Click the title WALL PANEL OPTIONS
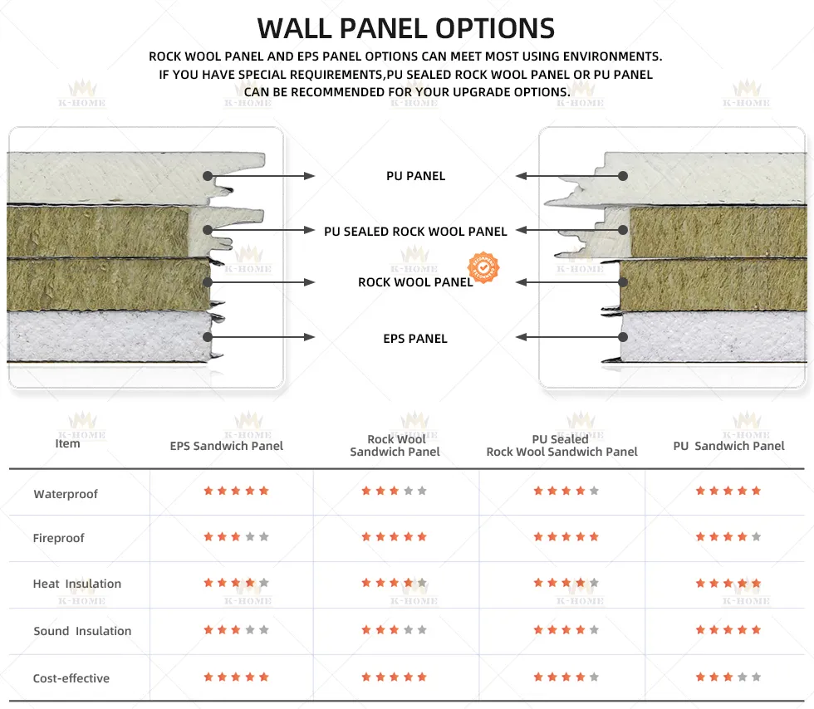point(406,28)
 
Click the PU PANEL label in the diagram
point(415,176)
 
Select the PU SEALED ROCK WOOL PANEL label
point(415,232)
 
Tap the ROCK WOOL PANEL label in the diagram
point(415,282)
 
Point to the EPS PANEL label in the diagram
point(415,339)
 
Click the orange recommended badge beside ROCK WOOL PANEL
point(484,267)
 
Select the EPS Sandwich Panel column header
point(227,446)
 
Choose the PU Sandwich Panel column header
point(728,446)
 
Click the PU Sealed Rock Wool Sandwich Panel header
point(561,446)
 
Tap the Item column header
point(67,443)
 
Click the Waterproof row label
point(66,494)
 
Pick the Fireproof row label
point(59,538)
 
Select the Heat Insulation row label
point(77,584)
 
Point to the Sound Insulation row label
point(82,631)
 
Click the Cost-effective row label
point(71,678)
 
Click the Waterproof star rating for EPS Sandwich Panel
point(236,491)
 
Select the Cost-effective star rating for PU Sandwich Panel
point(728,677)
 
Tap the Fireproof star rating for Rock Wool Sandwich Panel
point(395,537)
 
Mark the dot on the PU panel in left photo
point(207,176)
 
